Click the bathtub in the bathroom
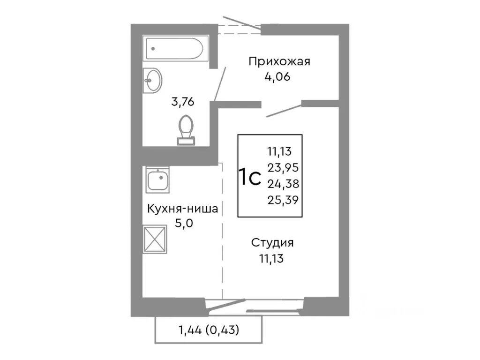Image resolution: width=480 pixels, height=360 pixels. [x=174, y=49]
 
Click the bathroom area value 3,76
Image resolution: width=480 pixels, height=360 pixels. [x=183, y=102]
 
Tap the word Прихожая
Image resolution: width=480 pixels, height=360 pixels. [x=279, y=61]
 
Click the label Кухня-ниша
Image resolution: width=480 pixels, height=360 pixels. [x=182, y=209]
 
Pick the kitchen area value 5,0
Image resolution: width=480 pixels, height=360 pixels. [x=183, y=223]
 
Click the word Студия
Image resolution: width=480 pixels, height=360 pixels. [x=272, y=242]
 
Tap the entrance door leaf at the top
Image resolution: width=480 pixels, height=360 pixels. [x=241, y=23]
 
